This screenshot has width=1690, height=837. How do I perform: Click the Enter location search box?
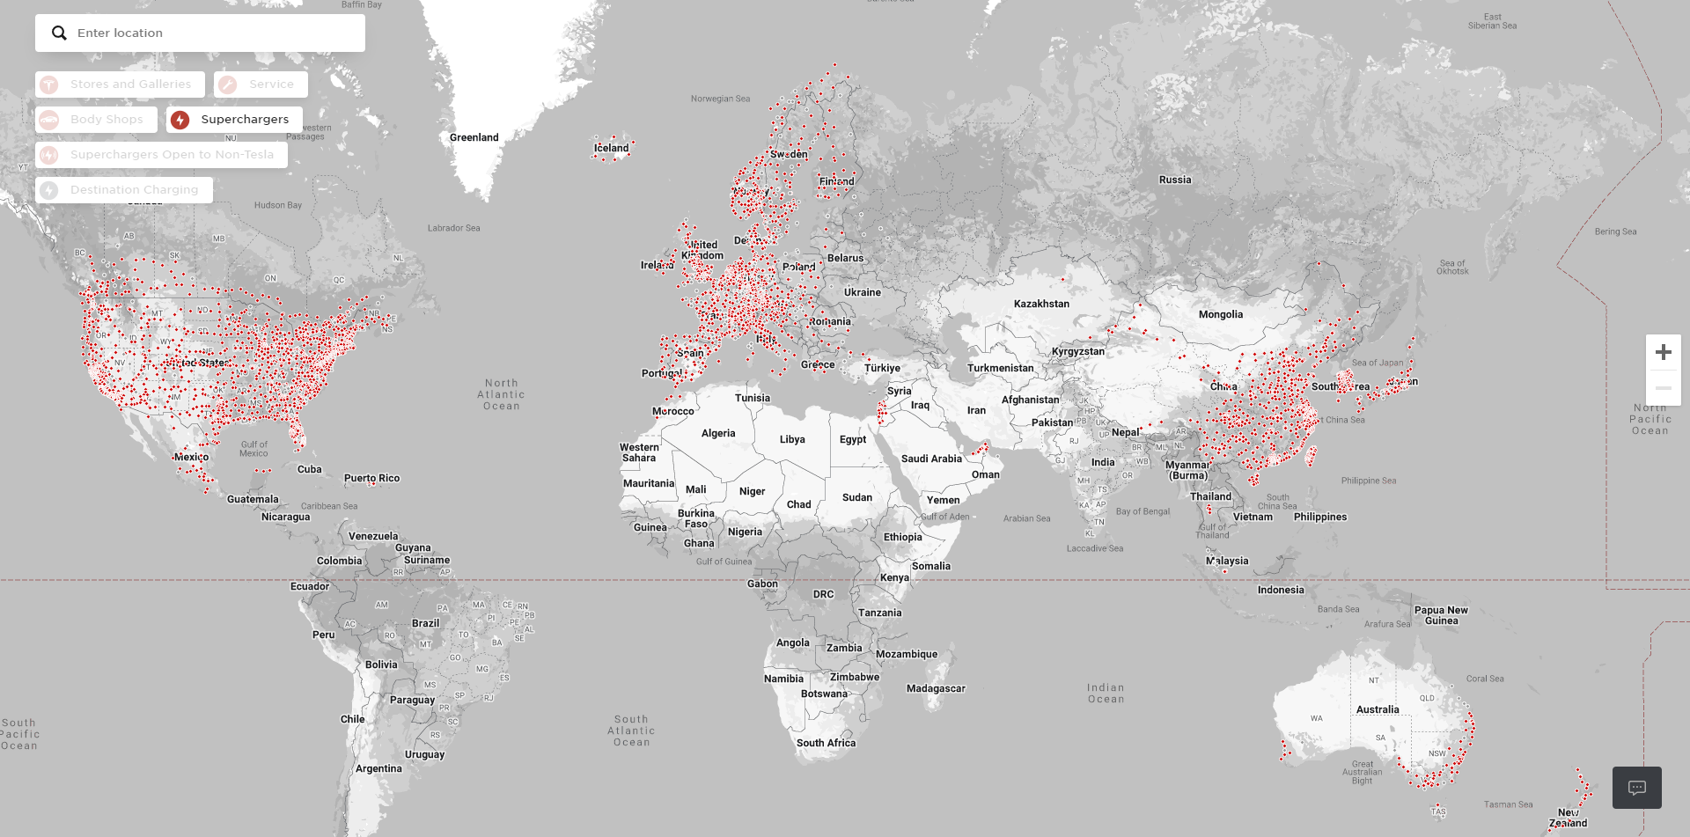[x=211, y=33]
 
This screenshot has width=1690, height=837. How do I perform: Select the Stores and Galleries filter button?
[x=120, y=84]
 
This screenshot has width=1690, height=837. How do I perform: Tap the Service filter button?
[x=261, y=84]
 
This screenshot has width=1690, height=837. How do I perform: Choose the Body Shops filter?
[x=96, y=120]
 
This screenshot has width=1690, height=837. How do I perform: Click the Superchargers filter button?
[x=234, y=120]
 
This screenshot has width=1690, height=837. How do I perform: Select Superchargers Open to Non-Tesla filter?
[x=161, y=155]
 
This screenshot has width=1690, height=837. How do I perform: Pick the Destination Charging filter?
[x=124, y=190]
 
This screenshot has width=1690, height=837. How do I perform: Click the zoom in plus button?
[x=1663, y=352]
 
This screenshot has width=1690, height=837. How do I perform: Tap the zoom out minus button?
[x=1663, y=388]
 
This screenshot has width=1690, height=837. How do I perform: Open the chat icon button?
[x=1636, y=788]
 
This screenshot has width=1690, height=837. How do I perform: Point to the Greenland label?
[x=474, y=137]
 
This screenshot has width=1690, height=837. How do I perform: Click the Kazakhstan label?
[x=1041, y=304]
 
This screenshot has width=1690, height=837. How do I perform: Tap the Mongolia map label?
[x=1220, y=314]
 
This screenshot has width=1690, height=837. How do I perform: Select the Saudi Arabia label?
[x=931, y=459]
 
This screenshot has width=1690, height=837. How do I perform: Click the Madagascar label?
[x=936, y=688]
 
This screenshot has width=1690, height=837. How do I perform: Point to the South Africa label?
[x=826, y=743]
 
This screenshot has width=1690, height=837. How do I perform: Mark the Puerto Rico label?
[x=371, y=478]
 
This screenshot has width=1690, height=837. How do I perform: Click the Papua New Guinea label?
[x=1441, y=615]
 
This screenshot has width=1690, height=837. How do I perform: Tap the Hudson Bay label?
[x=277, y=205]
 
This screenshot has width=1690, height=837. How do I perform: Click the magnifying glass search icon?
[x=59, y=33]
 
